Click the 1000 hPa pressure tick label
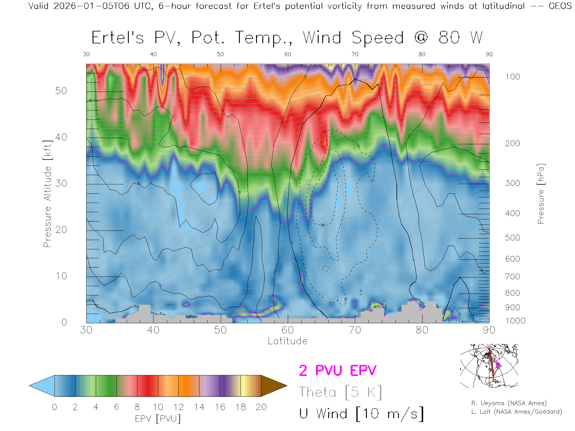click(515, 321)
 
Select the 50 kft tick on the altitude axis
click(61, 91)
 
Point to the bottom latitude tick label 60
click(287, 330)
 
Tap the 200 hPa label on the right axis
click(512, 143)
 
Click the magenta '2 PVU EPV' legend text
click(338, 371)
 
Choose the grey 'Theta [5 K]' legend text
click(340, 392)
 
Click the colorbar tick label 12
click(178, 407)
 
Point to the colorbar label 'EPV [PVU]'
click(158, 419)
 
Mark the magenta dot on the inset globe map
click(498, 364)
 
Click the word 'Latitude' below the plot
click(287, 341)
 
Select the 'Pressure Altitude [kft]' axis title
click(47, 194)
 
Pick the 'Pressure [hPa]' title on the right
click(541, 194)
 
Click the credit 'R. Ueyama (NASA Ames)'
click(509, 403)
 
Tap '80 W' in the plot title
click(460, 38)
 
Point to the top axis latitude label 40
click(153, 54)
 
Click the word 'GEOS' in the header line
click(560, 6)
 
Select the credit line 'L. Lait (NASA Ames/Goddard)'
click(517, 412)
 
